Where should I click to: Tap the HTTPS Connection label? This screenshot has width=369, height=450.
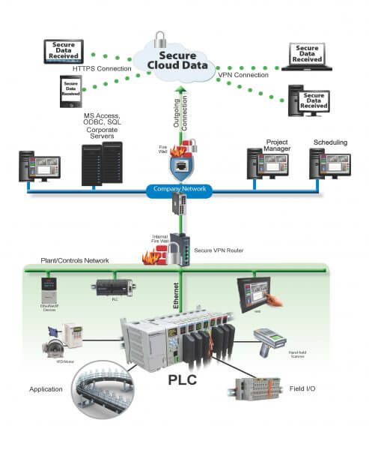point(102,70)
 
